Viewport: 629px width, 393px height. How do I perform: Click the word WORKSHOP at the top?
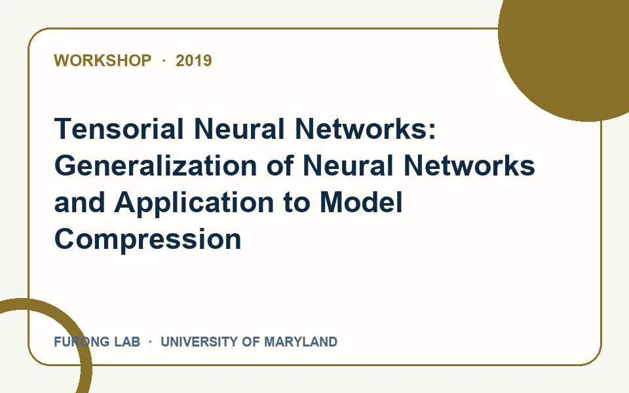point(103,60)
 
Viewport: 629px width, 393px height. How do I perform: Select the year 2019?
point(194,60)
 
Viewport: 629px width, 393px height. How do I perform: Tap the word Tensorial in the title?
point(119,129)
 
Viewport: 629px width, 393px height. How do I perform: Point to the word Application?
point(194,203)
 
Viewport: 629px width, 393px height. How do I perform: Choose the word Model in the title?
point(361,202)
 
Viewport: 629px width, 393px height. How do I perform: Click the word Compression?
point(147,239)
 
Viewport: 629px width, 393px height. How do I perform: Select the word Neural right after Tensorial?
point(240,129)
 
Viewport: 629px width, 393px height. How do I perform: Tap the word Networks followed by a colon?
point(366,129)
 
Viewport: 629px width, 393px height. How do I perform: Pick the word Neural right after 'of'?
point(348,165)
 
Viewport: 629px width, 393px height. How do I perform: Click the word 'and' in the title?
point(79,202)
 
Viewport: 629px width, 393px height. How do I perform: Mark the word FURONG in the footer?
point(81,342)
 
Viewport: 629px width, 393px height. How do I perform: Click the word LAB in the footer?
point(127,342)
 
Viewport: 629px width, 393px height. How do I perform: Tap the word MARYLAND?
point(301,342)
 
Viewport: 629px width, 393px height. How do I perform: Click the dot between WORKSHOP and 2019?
point(164,60)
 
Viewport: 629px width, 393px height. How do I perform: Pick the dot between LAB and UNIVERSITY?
point(151,342)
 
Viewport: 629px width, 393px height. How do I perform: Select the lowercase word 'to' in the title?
point(297,202)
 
